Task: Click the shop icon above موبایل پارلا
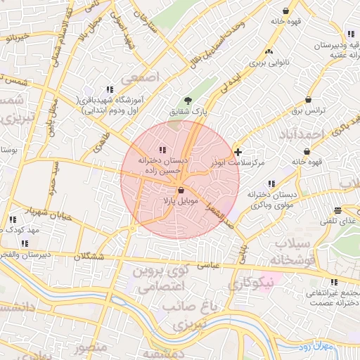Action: click(x=181, y=191)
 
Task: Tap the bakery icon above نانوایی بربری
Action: click(x=269, y=51)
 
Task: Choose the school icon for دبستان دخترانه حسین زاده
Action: click(x=163, y=149)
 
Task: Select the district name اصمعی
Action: click(x=141, y=75)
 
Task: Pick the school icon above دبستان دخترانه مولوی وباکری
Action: click(x=271, y=184)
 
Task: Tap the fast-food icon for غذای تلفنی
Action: click(x=338, y=210)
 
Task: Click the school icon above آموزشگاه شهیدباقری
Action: click(x=110, y=89)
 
